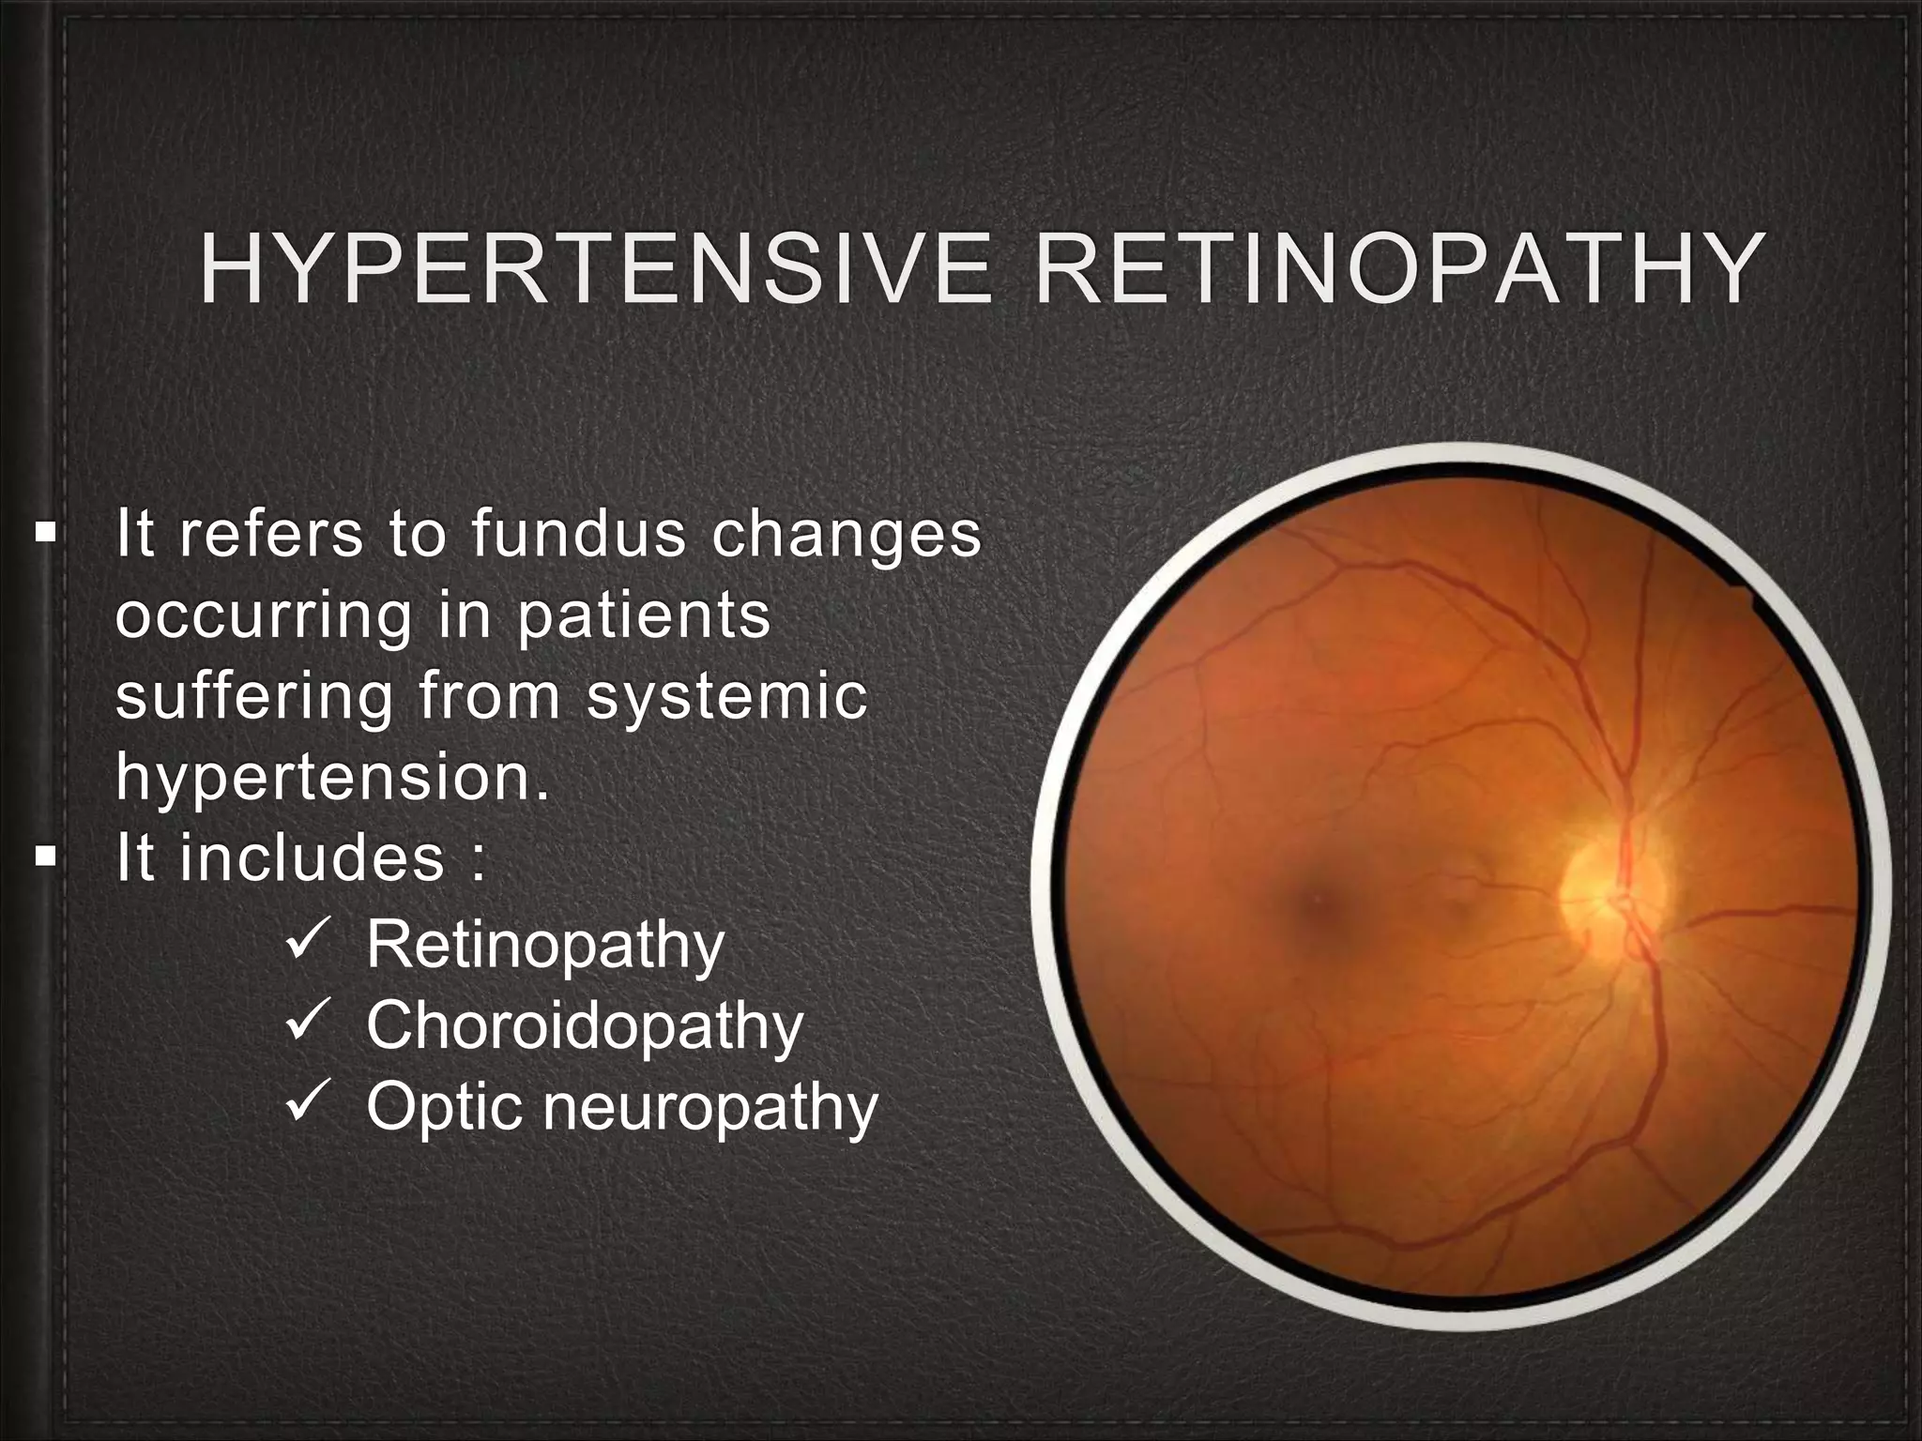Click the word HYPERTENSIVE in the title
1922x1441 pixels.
[595, 271]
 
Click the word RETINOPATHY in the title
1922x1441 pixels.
[1397, 271]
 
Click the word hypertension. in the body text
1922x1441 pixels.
[331, 779]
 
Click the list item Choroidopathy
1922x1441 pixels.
[585, 1026]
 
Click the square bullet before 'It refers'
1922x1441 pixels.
[44, 535]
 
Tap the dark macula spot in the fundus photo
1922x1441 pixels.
[1319, 901]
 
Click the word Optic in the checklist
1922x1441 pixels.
[442, 1107]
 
